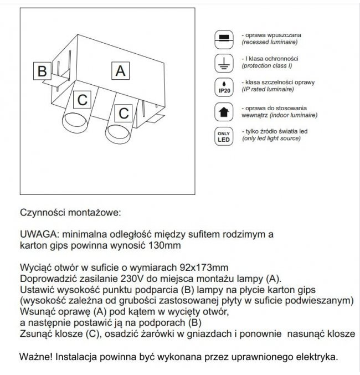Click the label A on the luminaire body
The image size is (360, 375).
tap(121, 71)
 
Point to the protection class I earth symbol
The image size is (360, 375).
tap(223, 62)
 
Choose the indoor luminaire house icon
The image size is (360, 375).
tap(223, 111)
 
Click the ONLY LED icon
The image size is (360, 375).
tap(223, 136)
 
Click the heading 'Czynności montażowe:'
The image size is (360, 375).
tap(69, 212)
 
